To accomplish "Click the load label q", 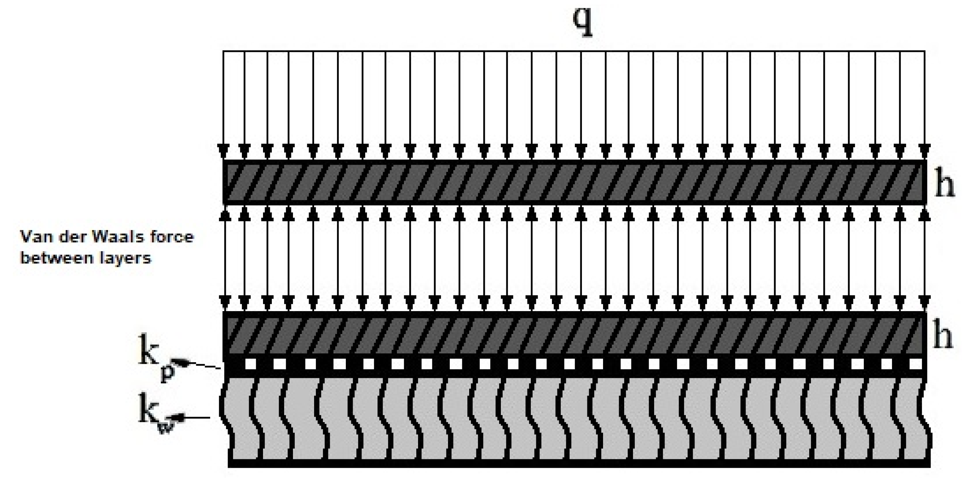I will (x=583, y=23).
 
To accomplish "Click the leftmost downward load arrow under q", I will (x=223, y=105).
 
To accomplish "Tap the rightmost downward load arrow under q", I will (x=924, y=105).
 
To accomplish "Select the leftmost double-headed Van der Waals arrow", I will (x=223, y=258).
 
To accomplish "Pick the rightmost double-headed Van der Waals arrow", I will (x=924, y=258).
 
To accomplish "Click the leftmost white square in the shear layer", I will (x=251, y=364).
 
